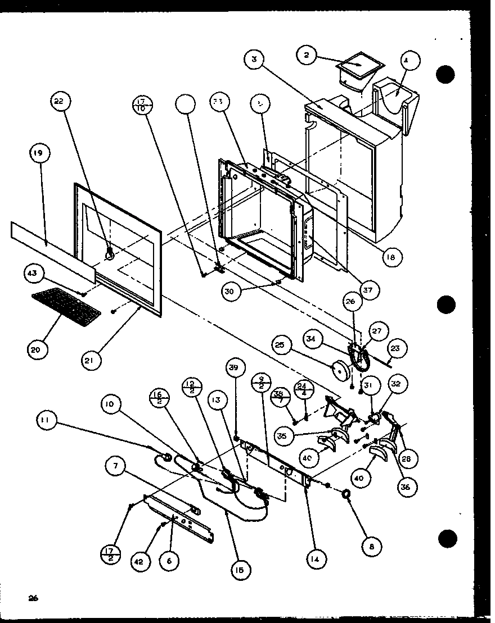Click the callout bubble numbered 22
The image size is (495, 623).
coord(59,101)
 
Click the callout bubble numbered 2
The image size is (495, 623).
coord(307,57)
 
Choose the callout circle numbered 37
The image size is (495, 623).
coord(370,290)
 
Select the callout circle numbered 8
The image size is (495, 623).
coord(372,545)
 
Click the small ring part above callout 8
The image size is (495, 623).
coord(347,493)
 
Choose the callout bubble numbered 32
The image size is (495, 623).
coord(396,384)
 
